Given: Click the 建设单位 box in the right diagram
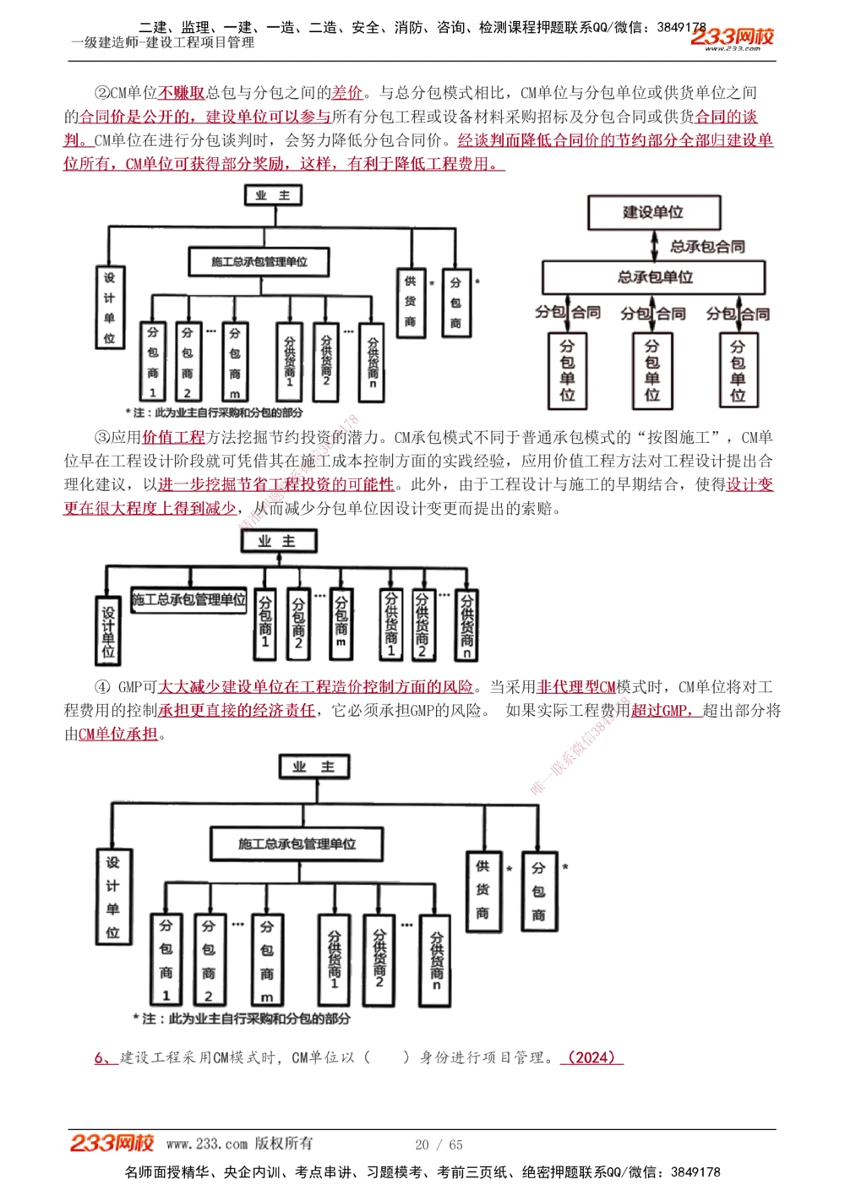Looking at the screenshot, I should pos(653,212).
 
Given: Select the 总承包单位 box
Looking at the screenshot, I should pos(653,277).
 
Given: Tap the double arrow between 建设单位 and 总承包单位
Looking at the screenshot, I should pos(655,245).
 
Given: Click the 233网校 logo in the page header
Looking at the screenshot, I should pos(732,37).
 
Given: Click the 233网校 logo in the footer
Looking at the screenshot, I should pos(112,1144).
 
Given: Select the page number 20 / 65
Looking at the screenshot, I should pos(439,1144).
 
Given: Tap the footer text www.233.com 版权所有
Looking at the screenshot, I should pos(239,1144).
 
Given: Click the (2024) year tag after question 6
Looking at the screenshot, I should pos(591,1057).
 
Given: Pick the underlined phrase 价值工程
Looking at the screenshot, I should pos(173,437).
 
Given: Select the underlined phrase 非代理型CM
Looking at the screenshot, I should pos(576,687).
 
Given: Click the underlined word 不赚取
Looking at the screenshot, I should pos(182,93).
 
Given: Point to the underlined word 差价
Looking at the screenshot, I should pos(347,93).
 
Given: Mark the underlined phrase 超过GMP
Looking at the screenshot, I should pos(663,711).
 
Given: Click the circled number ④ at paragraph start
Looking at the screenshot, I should pos(102,687).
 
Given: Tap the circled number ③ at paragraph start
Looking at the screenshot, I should pos(102,437).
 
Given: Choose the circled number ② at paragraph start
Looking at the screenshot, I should pos(102,93).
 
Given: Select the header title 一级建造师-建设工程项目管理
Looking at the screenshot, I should pos(162,42).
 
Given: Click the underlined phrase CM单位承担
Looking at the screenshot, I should pos(118,735).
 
